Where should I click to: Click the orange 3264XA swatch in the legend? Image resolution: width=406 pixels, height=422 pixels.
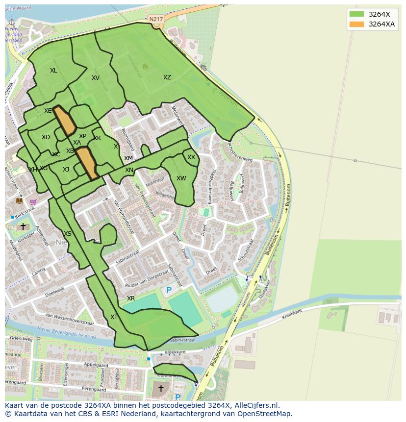click(x=356, y=25)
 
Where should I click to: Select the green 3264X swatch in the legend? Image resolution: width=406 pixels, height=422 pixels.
click(x=356, y=14)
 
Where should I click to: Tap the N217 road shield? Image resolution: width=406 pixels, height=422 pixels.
click(x=156, y=19)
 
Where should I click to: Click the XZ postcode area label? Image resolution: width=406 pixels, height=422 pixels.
click(x=167, y=77)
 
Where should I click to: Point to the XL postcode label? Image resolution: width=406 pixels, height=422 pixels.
click(x=53, y=71)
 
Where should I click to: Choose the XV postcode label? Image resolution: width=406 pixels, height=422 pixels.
click(x=96, y=78)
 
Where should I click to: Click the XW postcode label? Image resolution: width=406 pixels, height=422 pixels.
click(x=181, y=178)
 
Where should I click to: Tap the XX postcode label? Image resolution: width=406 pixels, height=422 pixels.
click(x=191, y=157)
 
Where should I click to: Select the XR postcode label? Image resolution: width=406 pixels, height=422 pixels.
click(x=131, y=298)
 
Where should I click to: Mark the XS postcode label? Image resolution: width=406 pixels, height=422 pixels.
click(x=68, y=234)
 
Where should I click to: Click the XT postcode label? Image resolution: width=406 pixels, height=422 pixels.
click(x=114, y=317)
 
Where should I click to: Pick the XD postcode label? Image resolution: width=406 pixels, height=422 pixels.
click(x=46, y=137)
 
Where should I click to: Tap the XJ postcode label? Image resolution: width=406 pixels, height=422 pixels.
click(x=66, y=170)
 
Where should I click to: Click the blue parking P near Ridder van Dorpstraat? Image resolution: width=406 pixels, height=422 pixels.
click(x=169, y=290)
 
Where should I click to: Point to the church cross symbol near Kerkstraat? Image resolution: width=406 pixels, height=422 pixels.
click(x=23, y=226)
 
